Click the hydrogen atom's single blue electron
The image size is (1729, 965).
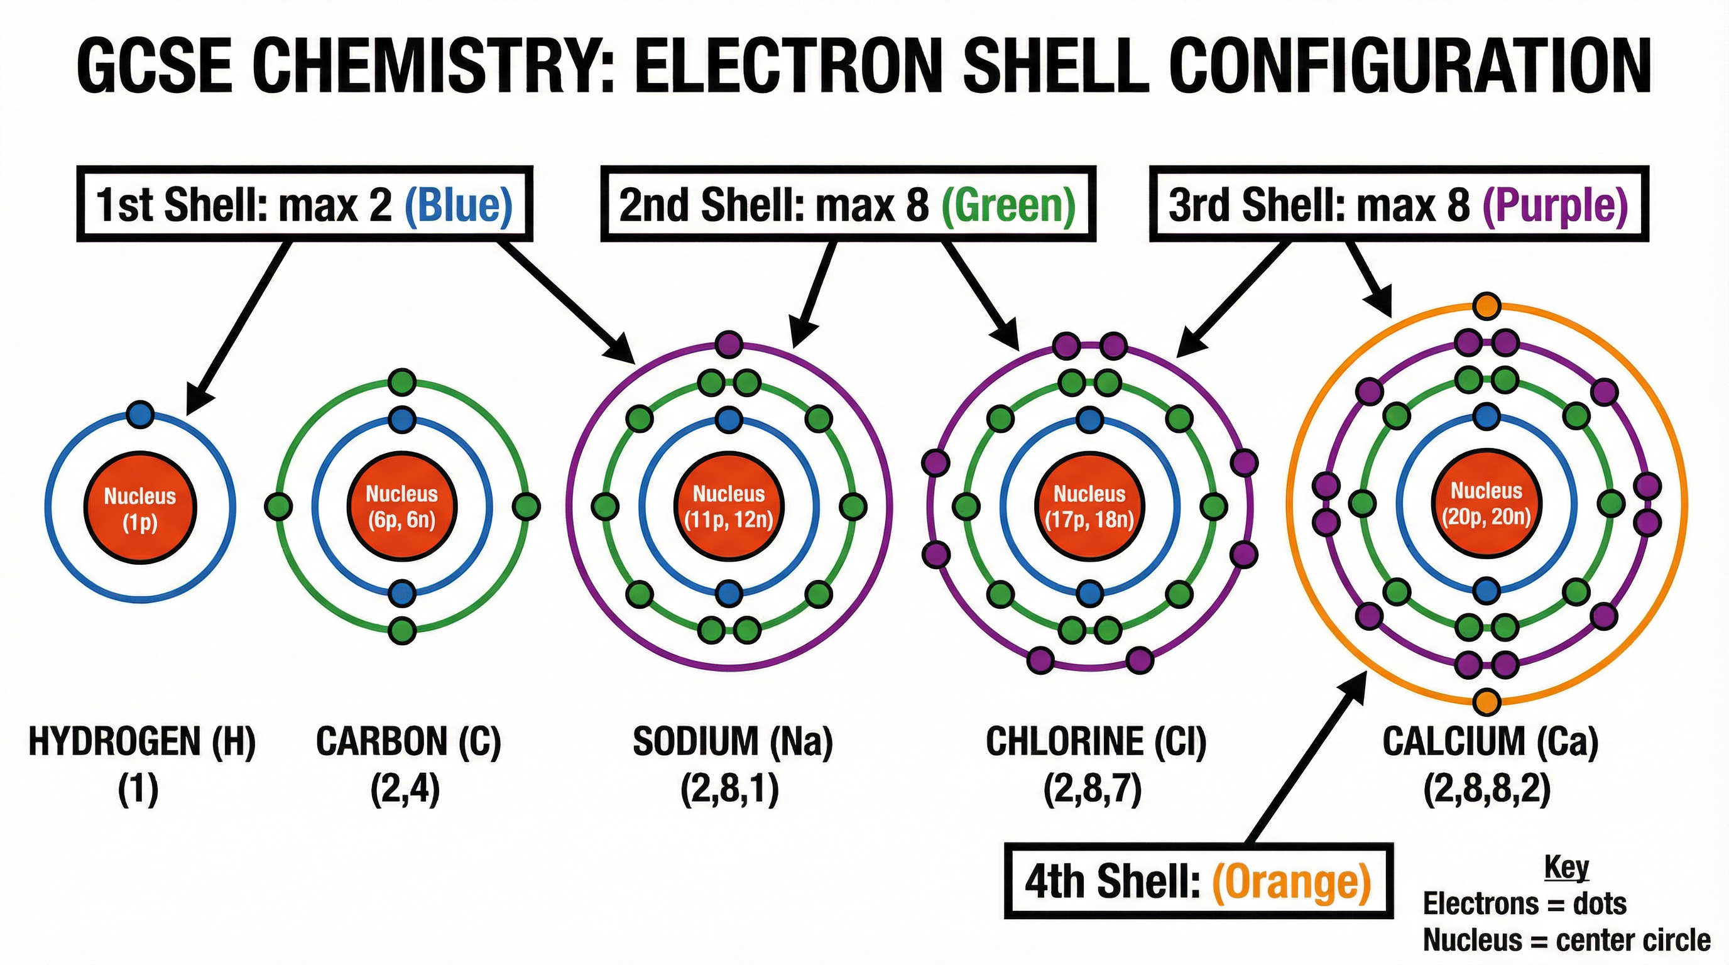point(139,414)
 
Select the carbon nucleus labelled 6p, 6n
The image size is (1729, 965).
point(401,506)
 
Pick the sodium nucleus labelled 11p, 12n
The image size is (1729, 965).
point(729,506)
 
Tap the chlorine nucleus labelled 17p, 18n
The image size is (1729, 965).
point(1089,506)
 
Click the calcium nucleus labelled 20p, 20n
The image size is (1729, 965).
point(1486,504)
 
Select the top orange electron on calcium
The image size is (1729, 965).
point(1486,306)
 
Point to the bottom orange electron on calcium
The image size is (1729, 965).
point(1486,702)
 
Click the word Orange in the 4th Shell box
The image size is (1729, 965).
point(1290,881)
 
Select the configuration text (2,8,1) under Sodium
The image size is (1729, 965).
point(729,790)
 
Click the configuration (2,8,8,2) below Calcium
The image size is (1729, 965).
point(1486,790)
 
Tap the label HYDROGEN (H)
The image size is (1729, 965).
point(141,741)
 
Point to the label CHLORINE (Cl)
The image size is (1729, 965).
point(1096,741)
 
